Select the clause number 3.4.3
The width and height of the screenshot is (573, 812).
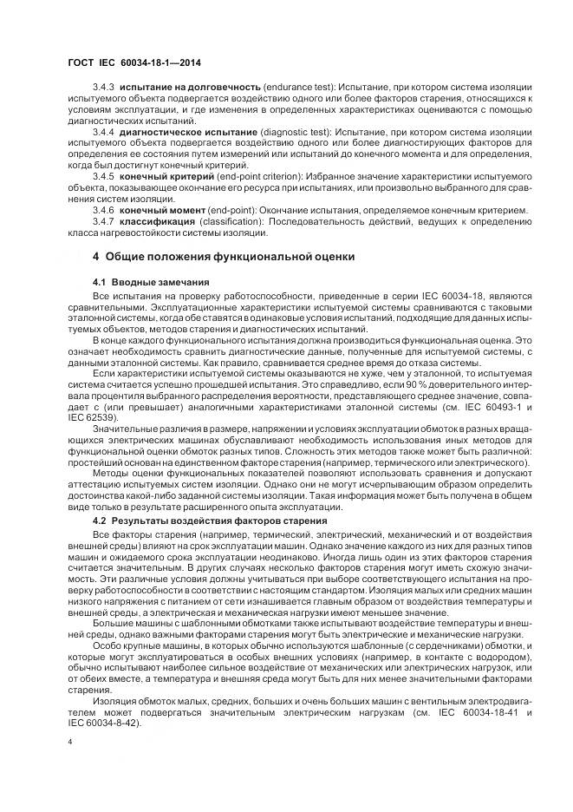point(104,89)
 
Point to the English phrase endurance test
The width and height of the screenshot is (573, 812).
point(297,89)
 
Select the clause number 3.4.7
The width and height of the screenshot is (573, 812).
point(104,221)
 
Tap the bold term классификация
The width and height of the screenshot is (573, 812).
point(156,221)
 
